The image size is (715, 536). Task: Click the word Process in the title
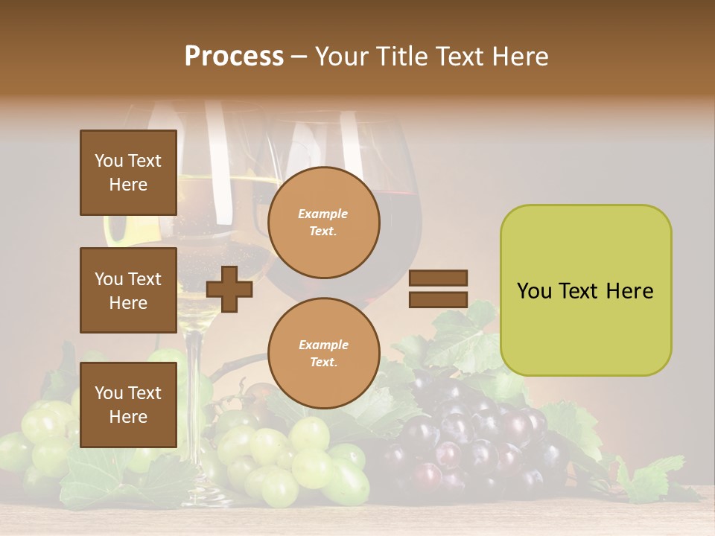point(234,57)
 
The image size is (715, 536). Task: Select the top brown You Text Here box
point(128,173)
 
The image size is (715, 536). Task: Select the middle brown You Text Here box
point(128,290)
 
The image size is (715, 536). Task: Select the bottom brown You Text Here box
point(128,404)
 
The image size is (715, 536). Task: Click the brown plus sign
point(229,289)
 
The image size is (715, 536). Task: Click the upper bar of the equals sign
point(438,278)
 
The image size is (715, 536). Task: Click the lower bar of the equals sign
point(438,299)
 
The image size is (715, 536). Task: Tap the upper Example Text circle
point(323,223)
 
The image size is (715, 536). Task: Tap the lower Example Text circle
point(323,353)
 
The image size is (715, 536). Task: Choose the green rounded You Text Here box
point(585,290)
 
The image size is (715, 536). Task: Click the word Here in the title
point(521,57)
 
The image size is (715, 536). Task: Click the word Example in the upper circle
point(323,214)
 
